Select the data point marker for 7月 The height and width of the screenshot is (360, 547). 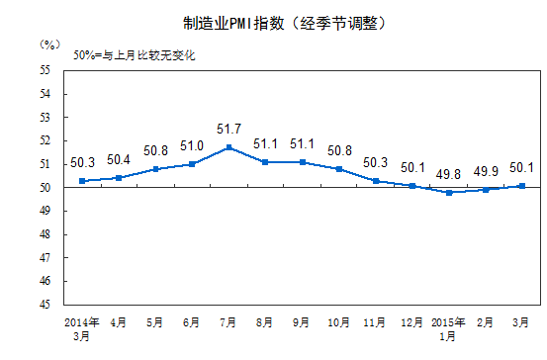229,147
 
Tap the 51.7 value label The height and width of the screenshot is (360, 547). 229,130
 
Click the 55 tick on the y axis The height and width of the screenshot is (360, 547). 46,70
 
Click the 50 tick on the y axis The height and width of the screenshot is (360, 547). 46,188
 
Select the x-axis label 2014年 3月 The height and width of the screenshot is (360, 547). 81,328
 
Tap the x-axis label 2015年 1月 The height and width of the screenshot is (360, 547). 448,328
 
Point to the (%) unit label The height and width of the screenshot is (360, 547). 50,45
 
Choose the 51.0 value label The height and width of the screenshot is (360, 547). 193,145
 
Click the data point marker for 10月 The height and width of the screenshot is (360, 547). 339,169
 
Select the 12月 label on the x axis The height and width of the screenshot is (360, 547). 411,322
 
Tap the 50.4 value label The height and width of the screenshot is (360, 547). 120,159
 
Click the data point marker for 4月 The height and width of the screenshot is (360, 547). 120,178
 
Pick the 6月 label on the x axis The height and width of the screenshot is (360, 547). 192,322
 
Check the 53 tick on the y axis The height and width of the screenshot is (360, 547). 46,117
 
